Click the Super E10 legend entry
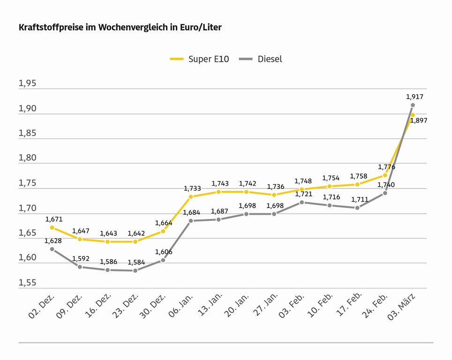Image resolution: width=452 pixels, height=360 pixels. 199,59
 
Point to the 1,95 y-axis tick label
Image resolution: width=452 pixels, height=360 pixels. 27,83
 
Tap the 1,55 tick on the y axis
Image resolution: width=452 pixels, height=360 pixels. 27,283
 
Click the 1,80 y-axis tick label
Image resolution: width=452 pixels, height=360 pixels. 27,158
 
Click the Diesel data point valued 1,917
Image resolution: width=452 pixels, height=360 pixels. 413,105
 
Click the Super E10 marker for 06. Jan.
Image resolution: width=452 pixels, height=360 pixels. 191,196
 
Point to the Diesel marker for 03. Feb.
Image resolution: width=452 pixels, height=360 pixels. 301,202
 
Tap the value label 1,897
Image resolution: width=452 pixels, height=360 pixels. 419,121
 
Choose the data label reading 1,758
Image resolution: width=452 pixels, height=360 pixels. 359,176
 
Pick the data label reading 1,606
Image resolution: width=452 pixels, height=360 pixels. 164,252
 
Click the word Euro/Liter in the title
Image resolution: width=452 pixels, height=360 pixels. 201,27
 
